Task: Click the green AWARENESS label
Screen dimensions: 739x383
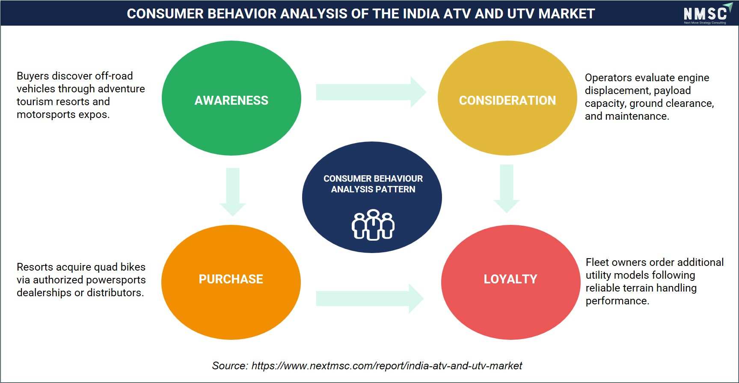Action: (231, 100)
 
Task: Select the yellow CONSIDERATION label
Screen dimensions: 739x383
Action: (508, 100)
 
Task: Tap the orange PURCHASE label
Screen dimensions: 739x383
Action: (231, 279)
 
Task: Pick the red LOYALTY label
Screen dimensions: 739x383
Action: (510, 279)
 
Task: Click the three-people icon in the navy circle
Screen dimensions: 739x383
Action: (373, 225)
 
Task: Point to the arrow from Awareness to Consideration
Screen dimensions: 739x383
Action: (371, 92)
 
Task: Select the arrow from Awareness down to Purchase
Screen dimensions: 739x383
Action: (233, 192)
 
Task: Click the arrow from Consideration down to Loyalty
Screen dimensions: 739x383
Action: (507, 189)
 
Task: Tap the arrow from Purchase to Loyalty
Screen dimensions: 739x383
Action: (370, 298)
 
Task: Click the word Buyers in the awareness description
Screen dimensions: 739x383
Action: (33, 76)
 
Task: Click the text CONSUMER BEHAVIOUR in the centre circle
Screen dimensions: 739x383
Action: (373, 179)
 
